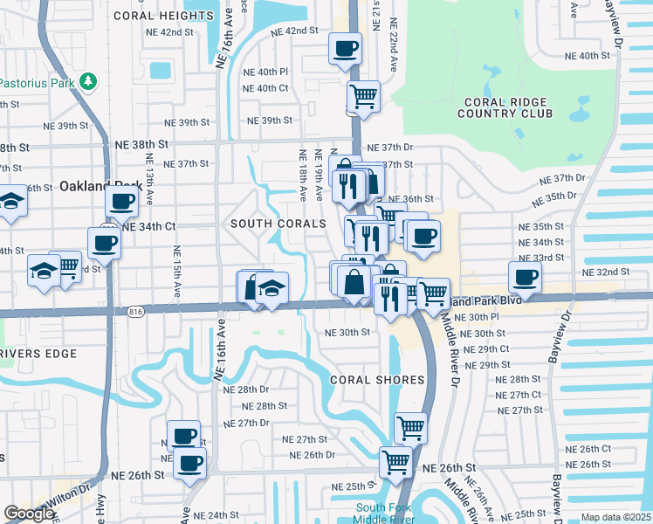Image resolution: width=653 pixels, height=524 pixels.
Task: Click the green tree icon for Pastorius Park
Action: pos(87,81)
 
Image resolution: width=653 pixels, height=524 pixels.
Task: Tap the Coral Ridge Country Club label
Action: pos(505,107)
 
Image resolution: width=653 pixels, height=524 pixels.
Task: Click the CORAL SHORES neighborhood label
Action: pos(376,380)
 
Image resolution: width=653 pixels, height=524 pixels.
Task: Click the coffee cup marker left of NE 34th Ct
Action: pos(104,241)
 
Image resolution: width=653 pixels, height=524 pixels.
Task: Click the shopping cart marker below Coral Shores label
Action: pos(410,427)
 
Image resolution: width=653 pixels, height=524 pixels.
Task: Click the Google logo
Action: pos(29,514)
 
